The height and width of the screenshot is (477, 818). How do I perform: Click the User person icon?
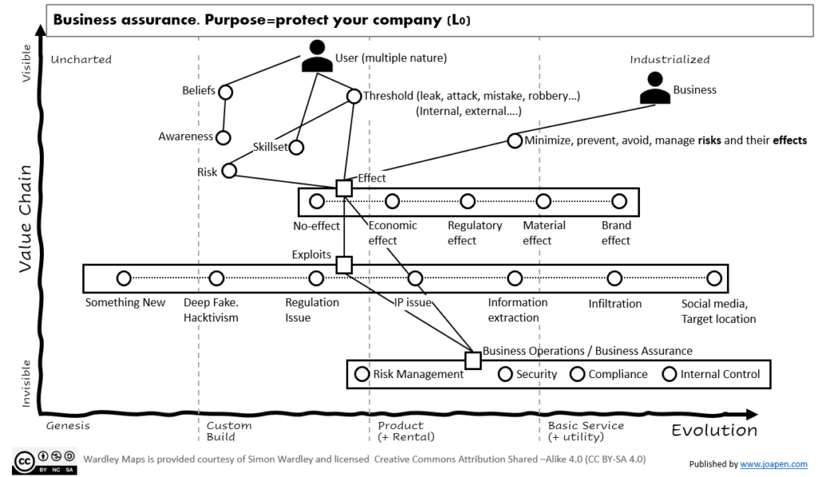[317, 57]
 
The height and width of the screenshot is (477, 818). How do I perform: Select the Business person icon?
[655, 89]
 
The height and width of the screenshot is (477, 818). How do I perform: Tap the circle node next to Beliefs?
[225, 93]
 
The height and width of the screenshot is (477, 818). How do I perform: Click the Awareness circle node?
[223, 137]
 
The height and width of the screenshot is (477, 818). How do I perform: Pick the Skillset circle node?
[296, 147]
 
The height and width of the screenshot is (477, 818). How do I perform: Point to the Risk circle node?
[229, 170]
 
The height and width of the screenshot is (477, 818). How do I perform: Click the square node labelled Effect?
[343, 188]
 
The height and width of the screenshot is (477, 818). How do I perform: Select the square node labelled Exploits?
[343, 264]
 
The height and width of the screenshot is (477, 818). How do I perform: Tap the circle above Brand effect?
[618, 201]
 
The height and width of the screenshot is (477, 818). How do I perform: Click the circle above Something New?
[124, 278]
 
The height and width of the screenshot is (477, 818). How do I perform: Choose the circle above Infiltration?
[614, 278]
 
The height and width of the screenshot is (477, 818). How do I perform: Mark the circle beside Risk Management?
[362, 374]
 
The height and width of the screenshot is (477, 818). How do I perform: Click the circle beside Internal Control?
[669, 374]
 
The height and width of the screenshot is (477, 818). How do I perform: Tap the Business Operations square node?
[473, 360]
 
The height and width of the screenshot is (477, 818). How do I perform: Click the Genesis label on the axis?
[68, 426]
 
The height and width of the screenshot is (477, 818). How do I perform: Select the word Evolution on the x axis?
[714, 431]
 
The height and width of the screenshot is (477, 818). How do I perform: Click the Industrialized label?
[669, 60]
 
